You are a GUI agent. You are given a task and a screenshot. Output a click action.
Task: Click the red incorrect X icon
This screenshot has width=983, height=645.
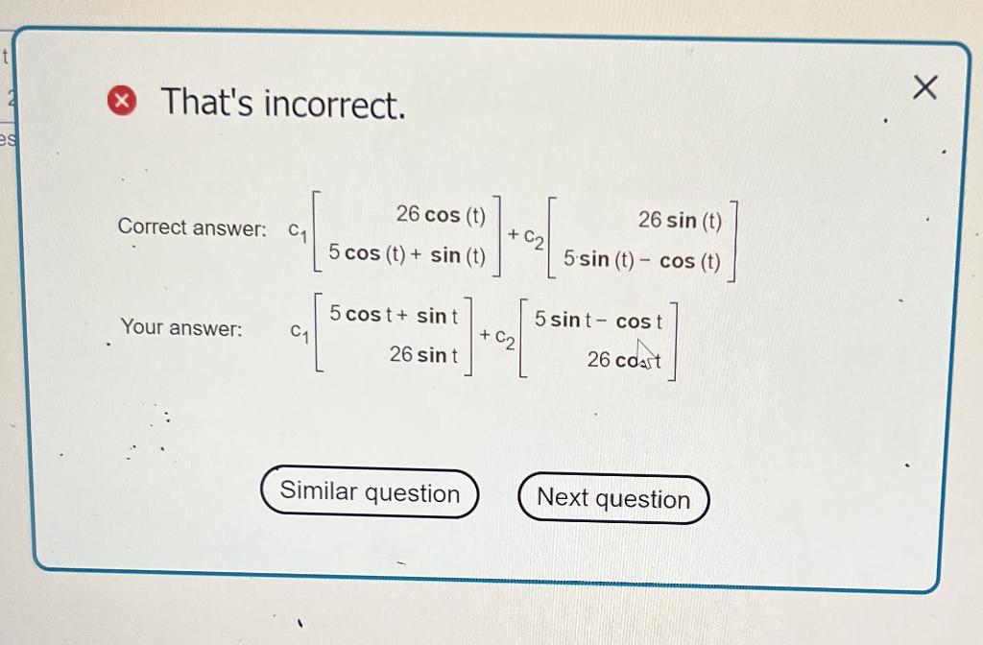click(121, 99)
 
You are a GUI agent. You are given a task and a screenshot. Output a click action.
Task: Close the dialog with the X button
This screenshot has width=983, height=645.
click(923, 88)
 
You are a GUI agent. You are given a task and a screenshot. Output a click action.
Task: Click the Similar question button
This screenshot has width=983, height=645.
click(370, 493)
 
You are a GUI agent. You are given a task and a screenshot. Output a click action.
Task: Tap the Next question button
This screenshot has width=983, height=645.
click(613, 499)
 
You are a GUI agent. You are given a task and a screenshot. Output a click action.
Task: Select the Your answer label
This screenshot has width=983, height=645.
click(181, 328)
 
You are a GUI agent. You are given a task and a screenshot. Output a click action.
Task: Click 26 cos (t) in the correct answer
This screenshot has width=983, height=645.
click(442, 214)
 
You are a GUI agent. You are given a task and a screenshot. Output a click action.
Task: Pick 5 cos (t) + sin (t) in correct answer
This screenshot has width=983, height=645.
click(407, 254)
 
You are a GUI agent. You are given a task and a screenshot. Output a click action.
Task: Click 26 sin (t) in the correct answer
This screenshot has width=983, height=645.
click(680, 221)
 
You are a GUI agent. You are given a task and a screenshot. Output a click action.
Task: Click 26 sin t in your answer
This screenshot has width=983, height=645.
click(423, 355)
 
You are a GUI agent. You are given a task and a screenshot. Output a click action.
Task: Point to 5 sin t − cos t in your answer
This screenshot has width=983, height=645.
click(598, 321)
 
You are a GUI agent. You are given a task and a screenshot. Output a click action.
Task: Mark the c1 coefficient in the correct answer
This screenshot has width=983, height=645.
click(299, 230)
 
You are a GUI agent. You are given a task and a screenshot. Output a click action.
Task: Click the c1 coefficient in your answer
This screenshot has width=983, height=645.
click(300, 332)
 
